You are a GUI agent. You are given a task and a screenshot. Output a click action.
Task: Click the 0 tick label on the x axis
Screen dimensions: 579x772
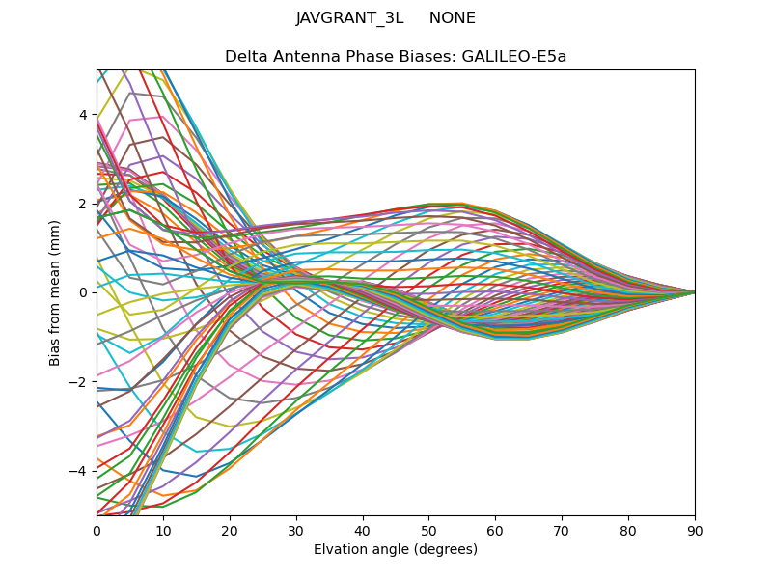[x=96, y=530]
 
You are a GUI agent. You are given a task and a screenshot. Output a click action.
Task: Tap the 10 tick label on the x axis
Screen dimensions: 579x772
[x=163, y=530]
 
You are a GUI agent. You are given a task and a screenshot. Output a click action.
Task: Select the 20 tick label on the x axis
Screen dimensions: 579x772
[x=230, y=530]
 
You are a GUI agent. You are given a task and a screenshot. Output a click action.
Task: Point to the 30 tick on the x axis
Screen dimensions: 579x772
[x=296, y=530]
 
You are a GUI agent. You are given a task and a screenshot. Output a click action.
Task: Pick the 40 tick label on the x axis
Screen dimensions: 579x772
[x=363, y=530]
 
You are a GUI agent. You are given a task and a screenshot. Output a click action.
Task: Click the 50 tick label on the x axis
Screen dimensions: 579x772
[x=428, y=530]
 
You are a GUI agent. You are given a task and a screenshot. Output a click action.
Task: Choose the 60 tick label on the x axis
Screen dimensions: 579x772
[x=495, y=530]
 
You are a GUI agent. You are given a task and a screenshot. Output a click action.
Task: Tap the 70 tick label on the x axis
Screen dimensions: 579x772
[x=562, y=530]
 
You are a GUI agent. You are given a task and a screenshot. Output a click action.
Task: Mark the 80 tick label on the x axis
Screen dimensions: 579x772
[x=628, y=530]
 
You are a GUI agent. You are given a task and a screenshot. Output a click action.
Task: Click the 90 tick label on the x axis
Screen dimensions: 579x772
[x=695, y=530]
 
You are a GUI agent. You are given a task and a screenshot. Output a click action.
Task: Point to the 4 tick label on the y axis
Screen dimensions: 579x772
[x=83, y=115]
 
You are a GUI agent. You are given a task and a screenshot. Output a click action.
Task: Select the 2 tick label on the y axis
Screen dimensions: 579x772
[x=83, y=204]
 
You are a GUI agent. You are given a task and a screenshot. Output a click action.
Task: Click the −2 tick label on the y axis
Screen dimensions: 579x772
[x=79, y=381]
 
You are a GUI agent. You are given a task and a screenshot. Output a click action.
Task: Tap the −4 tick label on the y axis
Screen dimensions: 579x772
[x=79, y=471]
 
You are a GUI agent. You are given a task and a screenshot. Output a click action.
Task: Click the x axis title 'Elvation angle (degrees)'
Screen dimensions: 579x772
[x=396, y=549]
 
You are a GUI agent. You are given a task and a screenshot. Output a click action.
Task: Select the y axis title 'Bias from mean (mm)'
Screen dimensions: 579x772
[x=56, y=292]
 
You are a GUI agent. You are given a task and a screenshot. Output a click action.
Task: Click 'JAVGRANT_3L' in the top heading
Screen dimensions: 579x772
[x=349, y=18]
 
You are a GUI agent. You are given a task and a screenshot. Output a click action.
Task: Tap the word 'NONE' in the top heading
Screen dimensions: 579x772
[x=453, y=18]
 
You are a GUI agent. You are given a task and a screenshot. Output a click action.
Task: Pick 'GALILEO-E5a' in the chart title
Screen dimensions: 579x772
[x=514, y=56]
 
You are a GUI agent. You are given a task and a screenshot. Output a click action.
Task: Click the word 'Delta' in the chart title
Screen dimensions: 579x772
[x=245, y=56]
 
